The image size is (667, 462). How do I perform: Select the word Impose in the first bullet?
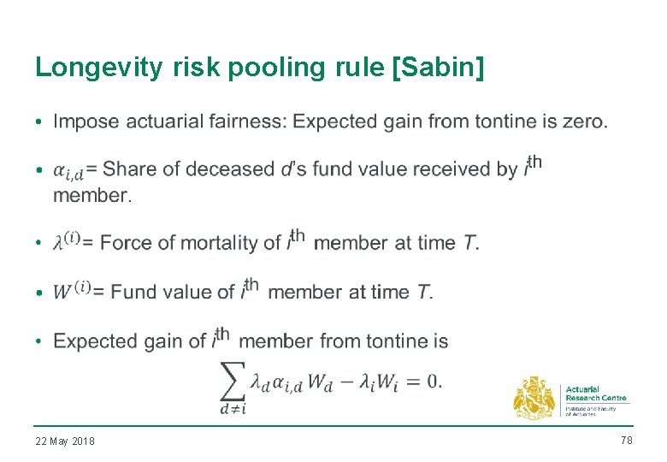point(86,121)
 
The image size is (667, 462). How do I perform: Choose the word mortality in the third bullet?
point(227,243)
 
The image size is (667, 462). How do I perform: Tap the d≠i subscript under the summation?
point(233,409)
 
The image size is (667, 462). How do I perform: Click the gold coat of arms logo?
point(534,398)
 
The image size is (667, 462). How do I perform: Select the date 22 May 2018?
point(65,441)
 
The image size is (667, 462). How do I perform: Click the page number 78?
point(625,440)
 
